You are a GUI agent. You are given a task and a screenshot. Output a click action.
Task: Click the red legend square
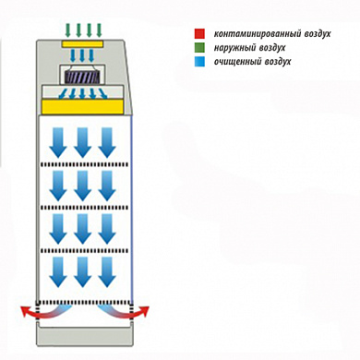click(x=199, y=34)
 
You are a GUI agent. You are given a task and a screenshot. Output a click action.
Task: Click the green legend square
click(x=199, y=48)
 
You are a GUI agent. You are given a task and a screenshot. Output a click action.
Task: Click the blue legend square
click(x=199, y=62)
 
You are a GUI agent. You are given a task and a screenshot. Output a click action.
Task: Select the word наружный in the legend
click(x=234, y=48)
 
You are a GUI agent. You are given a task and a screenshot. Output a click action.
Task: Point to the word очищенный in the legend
click(x=237, y=62)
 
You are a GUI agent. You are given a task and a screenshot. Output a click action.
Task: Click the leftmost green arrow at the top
click(x=68, y=30)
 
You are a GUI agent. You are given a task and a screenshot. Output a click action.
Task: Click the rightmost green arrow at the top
click(x=99, y=30)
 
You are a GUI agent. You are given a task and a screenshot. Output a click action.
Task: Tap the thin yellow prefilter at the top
click(x=82, y=43)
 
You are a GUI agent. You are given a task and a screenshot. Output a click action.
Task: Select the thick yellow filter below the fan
click(x=82, y=107)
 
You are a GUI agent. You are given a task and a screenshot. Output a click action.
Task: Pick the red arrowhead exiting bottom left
click(x=24, y=312)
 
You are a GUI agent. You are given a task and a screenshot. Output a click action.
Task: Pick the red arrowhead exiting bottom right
click(x=144, y=312)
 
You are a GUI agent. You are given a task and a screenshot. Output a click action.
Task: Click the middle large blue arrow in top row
click(x=82, y=142)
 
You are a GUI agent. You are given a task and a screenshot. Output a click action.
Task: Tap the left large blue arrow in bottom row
click(x=58, y=271)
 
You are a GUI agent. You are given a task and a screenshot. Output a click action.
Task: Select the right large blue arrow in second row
click(x=107, y=186)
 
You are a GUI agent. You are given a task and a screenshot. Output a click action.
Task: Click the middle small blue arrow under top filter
click(x=82, y=55)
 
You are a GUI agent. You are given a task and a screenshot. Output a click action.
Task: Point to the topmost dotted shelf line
click(x=83, y=164)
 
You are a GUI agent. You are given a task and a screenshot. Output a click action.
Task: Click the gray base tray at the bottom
click(x=85, y=335)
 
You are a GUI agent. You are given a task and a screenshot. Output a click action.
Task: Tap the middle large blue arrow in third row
click(x=82, y=229)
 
